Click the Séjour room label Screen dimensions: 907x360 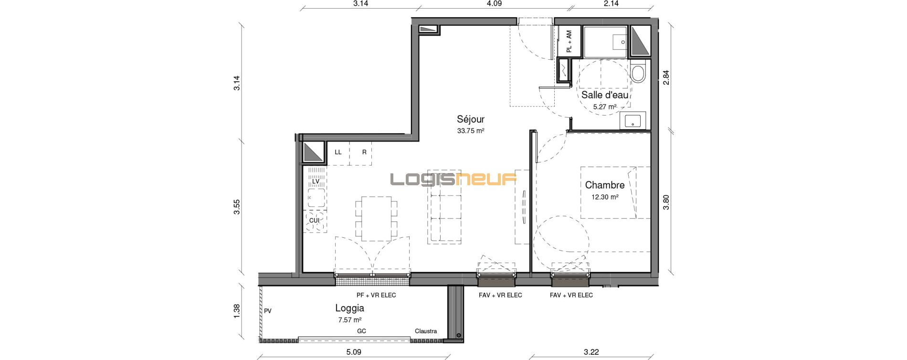[471, 119]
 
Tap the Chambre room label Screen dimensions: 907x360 [605, 185]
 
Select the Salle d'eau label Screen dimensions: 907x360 [605, 95]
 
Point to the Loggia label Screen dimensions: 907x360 [349, 308]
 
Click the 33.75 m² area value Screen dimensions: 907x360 [471, 131]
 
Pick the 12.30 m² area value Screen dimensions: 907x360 [605, 197]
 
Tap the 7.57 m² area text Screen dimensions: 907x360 [349, 320]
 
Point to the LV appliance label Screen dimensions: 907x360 [316, 181]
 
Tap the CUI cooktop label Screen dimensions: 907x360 [314, 221]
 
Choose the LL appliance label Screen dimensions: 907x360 [338, 152]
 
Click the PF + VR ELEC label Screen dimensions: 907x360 [376, 295]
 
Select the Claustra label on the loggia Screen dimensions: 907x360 [426, 331]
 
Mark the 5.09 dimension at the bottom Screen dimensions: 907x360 [353, 352]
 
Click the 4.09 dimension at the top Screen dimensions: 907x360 [494, 4]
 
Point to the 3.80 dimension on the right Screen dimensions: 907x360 [666, 201]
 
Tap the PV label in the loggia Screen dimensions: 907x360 [268, 311]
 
